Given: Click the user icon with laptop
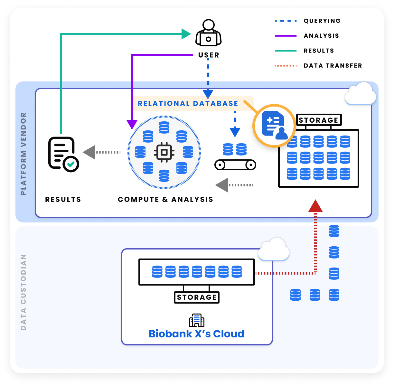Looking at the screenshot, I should (x=209, y=33).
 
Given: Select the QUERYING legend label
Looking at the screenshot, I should (x=322, y=21).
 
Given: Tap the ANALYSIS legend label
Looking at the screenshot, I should (x=321, y=36).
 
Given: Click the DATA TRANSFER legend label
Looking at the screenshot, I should (x=333, y=66).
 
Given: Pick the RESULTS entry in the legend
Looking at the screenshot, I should (x=319, y=51).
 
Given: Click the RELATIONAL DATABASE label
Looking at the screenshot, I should (x=188, y=104).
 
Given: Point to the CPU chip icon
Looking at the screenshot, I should (x=164, y=152).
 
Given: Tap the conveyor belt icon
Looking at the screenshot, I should (x=235, y=165).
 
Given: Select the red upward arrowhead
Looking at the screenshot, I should (x=315, y=206).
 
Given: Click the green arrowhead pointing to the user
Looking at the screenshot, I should (x=186, y=33).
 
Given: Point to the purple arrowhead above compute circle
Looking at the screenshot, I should (x=132, y=124).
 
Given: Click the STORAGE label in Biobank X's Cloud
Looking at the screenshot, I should (x=197, y=297).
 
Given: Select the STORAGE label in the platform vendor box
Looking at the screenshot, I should (x=318, y=120).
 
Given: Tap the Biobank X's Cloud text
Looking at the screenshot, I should (x=196, y=334).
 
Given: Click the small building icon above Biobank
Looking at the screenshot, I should (x=196, y=320).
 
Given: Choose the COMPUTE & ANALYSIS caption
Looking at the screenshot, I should (x=165, y=200).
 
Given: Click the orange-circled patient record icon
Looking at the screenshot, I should (x=274, y=126).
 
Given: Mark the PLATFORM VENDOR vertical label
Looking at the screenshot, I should (x=23, y=154).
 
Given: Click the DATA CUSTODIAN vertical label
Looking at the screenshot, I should (x=23, y=292).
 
